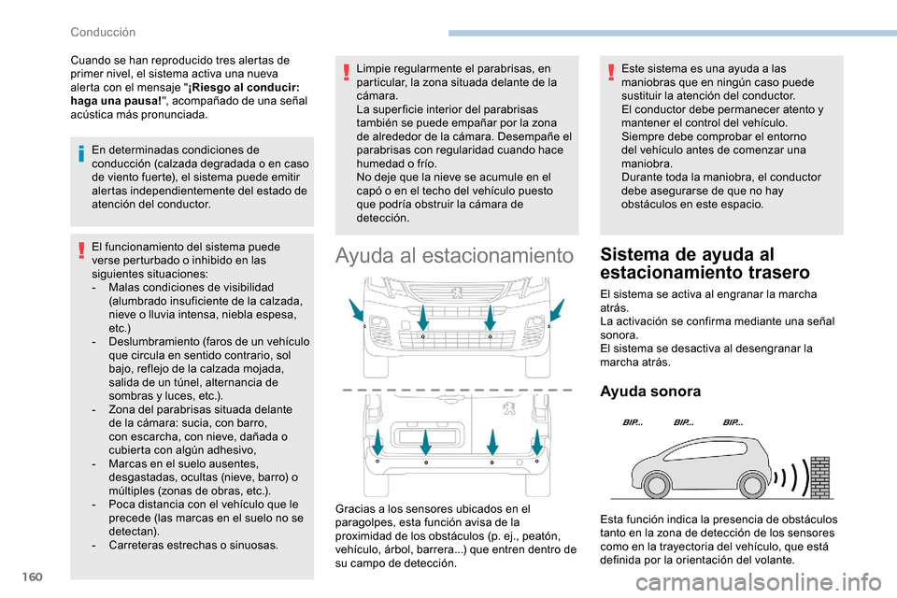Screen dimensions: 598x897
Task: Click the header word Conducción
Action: tap(103, 31)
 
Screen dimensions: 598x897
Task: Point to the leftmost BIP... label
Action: tap(633, 423)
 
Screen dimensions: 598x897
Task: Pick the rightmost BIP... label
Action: tap(733, 423)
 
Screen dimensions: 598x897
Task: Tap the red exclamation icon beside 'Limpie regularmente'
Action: tap(349, 74)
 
